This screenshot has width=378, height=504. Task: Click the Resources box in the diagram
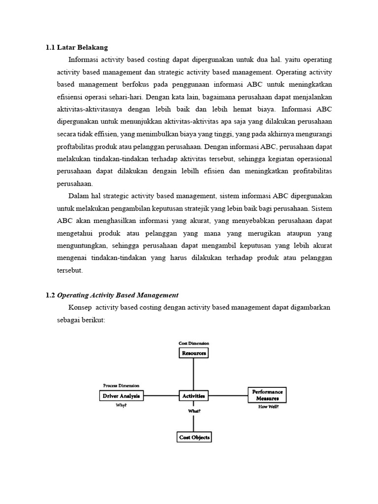pyautogui.click(x=193, y=353)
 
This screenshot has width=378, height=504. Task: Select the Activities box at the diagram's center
pyautogui.click(x=193, y=395)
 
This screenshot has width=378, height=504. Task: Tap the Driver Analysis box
pyautogui.click(x=121, y=395)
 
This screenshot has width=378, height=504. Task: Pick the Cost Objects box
pyautogui.click(x=194, y=437)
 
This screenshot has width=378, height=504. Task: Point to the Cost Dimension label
pyautogui.click(x=193, y=343)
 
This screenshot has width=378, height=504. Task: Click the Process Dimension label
pyautogui.click(x=121, y=385)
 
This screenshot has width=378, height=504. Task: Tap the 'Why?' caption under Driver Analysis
pyautogui.click(x=121, y=406)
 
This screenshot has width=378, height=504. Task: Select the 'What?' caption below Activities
pyautogui.click(x=194, y=410)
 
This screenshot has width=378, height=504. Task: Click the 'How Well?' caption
pyautogui.click(x=269, y=407)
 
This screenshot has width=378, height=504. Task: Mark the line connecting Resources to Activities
pyautogui.click(x=193, y=374)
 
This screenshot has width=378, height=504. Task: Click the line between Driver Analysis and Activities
pyautogui.click(x=160, y=395)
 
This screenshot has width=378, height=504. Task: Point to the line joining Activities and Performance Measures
pyautogui.click(x=227, y=395)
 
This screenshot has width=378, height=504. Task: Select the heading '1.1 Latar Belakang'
pyautogui.click(x=76, y=47)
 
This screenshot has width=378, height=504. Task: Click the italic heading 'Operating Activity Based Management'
pyautogui.click(x=118, y=295)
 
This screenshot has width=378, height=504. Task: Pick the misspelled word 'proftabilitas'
pyautogui.click(x=77, y=147)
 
